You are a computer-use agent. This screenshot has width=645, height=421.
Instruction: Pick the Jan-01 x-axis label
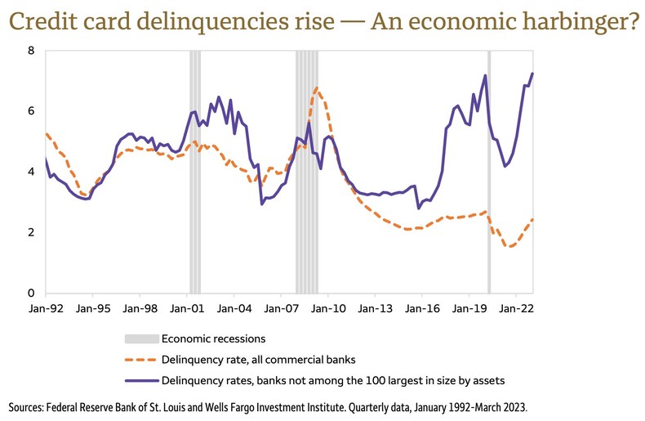187,310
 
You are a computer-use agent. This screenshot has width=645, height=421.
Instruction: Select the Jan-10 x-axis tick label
328,310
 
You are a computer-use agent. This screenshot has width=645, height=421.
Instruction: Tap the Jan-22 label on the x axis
517,310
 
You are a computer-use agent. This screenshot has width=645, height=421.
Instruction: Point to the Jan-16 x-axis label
423,310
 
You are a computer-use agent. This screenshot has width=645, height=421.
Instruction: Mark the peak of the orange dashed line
317,88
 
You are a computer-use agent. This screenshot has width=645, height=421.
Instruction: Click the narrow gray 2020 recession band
489,172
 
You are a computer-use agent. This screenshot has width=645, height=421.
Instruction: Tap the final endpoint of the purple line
532,74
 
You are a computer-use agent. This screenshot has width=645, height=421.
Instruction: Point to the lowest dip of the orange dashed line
510,246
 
